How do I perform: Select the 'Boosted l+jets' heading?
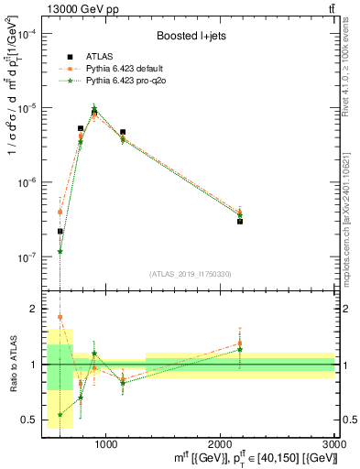click(x=191, y=36)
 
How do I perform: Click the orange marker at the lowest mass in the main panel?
click(x=60, y=212)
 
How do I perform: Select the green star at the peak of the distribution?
click(x=94, y=111)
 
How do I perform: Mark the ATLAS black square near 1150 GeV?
click(x=123, y=132)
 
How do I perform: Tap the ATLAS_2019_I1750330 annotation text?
click(x=191, y=273)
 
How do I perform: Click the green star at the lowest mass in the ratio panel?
click(x=60, y=414)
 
